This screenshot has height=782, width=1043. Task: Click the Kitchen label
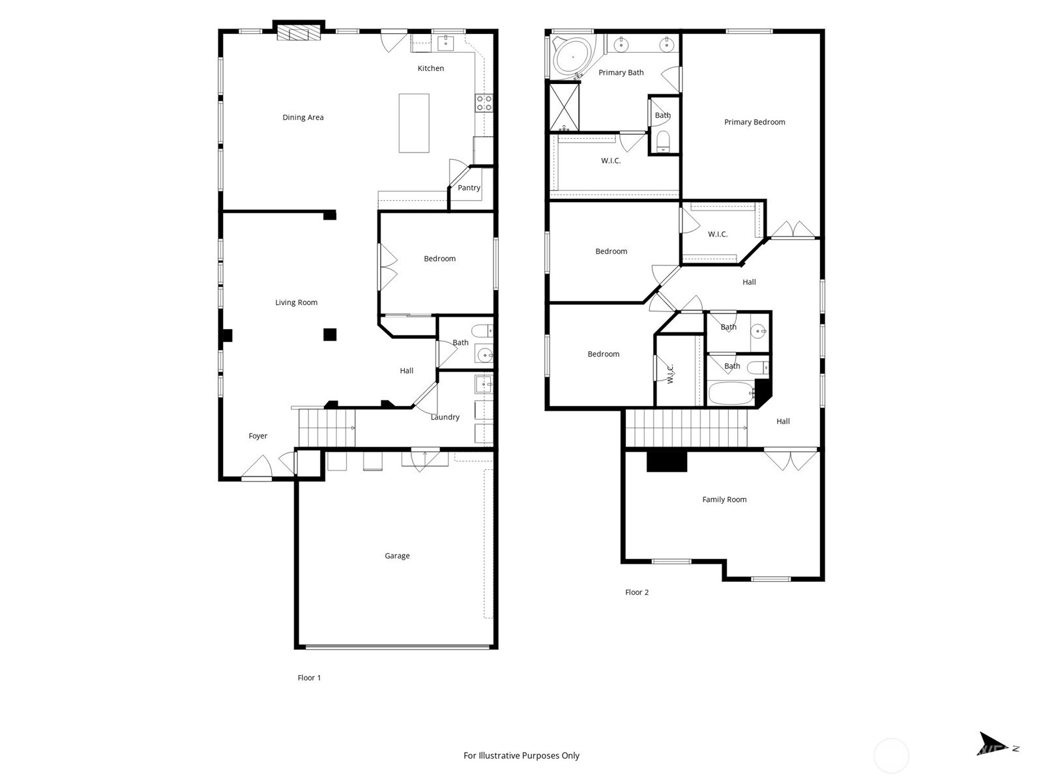(x=430, y=68)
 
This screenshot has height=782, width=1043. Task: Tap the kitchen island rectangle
(x=413, y=123)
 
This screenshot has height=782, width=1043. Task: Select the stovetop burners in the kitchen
(x=484, y=103)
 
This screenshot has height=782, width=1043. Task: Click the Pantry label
(x=469, y=188)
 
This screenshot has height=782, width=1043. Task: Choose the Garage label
(x=397, y=555)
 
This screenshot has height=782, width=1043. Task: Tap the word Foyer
(x=257, y=436)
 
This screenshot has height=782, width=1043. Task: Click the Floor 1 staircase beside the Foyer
(x=327, y=427)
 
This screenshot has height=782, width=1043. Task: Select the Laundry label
(x=445, y=417)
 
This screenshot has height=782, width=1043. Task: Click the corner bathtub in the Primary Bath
(x=572, y=57)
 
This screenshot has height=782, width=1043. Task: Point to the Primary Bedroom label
(x=754, y=122)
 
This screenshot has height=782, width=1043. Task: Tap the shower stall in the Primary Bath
(x=564, y=107)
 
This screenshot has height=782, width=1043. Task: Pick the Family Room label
(x=724, y=499)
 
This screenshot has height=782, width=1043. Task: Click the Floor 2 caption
(x=636, y=592)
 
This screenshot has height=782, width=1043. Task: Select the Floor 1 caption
(x=309, y=678)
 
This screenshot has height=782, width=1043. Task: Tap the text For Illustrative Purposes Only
(x=521, y=755)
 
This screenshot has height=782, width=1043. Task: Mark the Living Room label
(x=296, y=302)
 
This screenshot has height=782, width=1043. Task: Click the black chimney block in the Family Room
(x=667, y=461)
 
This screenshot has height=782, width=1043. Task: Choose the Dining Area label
(x=302, y=117)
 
